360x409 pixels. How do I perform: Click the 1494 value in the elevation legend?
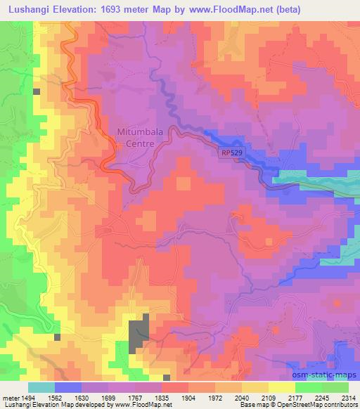pyautogui.click(x=27, y=398)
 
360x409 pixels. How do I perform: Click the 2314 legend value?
pyautogui.click(x=347, y=398)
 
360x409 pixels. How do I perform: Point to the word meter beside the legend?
pyautogui.click(x=10, y=398)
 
